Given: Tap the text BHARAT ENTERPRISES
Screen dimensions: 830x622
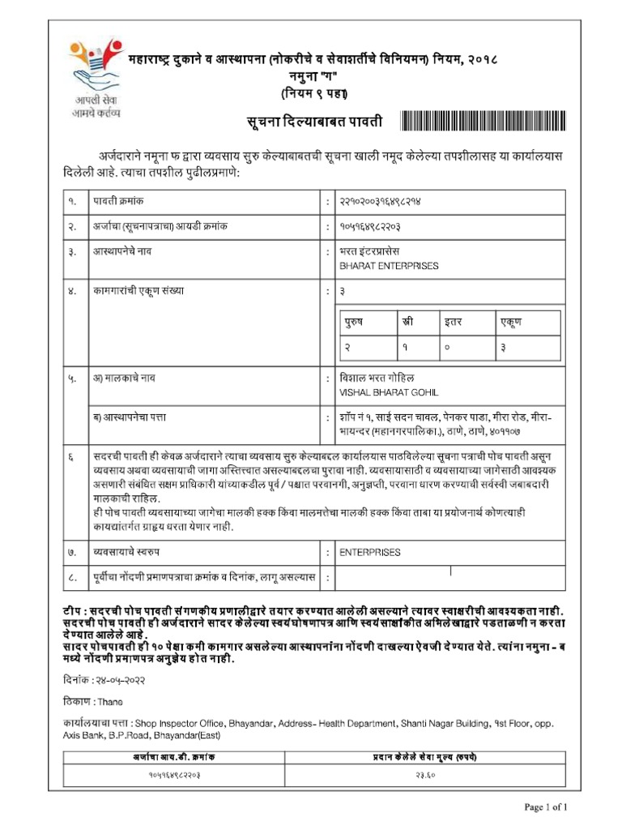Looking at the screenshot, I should [388, 266].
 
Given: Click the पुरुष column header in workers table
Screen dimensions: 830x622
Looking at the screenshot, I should [353, 322].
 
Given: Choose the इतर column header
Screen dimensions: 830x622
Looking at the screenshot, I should [453, 322].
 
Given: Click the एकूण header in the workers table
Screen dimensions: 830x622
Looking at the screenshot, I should [511, 322].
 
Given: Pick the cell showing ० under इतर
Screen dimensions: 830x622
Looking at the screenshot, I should [446, 347].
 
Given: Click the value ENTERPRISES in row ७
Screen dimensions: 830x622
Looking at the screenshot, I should [369, 552].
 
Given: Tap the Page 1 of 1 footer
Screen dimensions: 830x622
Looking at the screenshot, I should [552, 807].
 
